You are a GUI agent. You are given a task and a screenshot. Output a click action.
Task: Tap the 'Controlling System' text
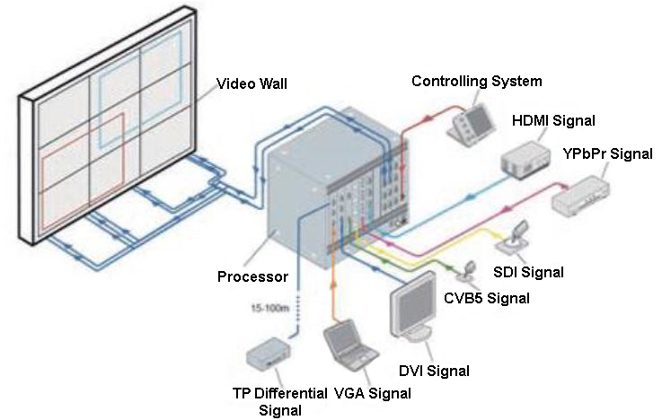click(x=476, y=82)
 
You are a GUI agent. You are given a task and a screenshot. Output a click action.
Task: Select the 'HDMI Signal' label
click(x=553, y=119)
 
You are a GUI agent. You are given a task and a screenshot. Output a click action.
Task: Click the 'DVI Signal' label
click(x=435, y=370)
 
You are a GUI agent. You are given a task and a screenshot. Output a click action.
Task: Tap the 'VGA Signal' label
click(x=372, y=393)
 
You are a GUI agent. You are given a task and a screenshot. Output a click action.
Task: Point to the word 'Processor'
click(x=252, y=276)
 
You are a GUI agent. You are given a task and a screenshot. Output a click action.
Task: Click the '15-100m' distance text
click(x=269, y=309)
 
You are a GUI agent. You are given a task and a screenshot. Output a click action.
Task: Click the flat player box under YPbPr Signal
click(x=580, y=197)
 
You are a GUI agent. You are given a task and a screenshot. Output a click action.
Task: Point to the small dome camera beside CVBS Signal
click(x=470, y=268)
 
